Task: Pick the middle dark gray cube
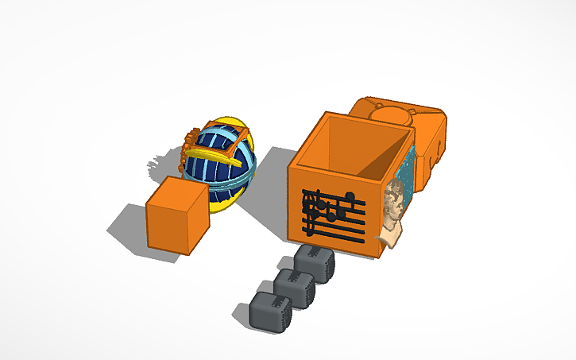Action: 294,288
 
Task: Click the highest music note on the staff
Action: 350,196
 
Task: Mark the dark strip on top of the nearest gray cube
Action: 315,254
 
